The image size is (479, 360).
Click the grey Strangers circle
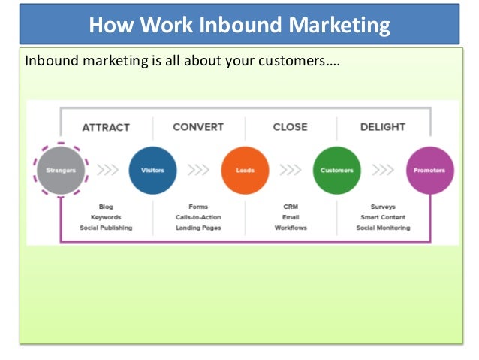(62, 171)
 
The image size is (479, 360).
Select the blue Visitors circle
(152, 171)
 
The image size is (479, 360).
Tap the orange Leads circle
(245, 171)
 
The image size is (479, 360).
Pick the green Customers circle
(336, 171)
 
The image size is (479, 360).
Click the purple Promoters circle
(429, 171)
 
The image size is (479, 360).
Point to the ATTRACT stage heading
(106, 127)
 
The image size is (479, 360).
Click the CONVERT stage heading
(198, 127)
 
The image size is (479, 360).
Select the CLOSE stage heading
(290, 127)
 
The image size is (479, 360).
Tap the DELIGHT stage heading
(383, 127)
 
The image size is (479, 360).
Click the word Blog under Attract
(106, 207)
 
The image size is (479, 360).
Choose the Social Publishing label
(106, 228)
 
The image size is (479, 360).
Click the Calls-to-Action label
(198, 217)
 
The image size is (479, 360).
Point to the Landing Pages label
(198, 228)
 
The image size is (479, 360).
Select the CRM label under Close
(291, 207)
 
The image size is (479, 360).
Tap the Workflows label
(291, 228)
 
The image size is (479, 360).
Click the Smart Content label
(383, 217)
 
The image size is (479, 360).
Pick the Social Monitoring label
(383, 228)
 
